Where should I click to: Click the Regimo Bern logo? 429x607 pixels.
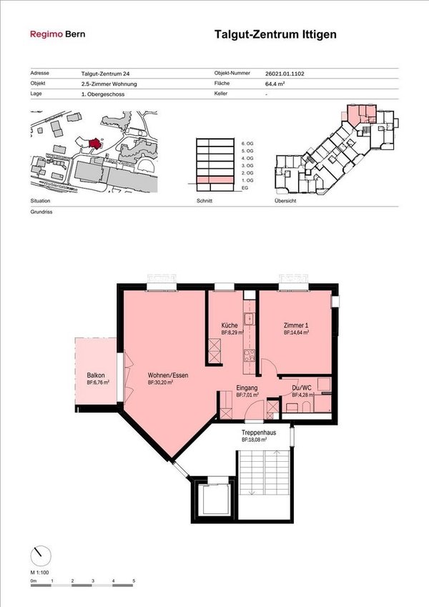56,34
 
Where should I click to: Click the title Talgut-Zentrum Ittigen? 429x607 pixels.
275,34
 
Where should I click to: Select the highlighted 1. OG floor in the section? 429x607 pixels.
214,179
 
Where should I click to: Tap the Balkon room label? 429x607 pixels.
97,375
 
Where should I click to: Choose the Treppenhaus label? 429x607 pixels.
259,433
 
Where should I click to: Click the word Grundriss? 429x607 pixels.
43,212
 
